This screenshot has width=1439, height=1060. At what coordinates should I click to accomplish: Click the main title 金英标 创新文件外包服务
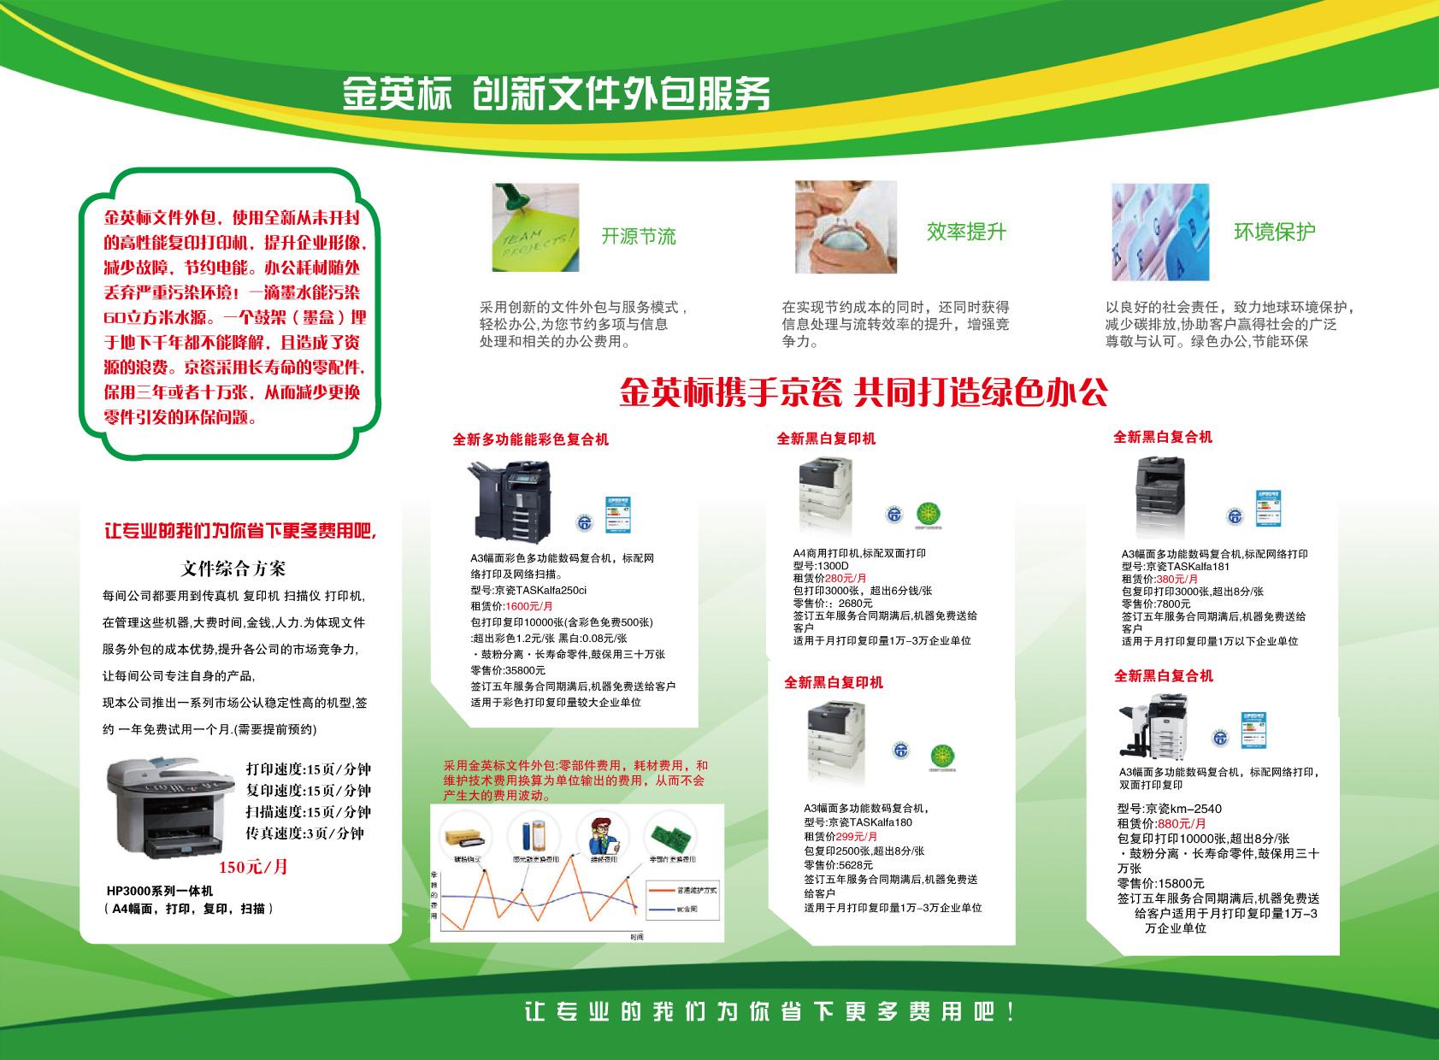pyautogui.click(x=556, y=94)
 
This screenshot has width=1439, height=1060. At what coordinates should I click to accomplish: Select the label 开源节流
pyautogui.click(x=638, y=236)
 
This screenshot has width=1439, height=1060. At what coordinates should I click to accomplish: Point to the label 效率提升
pyautogui.click(x=966, y=232)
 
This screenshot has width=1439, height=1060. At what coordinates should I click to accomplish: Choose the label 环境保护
pyautogui.click(x=1274, y=232)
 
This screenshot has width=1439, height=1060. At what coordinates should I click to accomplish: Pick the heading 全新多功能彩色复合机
pyautogui.click(x=530, y=440)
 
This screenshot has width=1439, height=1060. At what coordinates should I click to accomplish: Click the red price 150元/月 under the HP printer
pyautogui.click(x=253, y=867)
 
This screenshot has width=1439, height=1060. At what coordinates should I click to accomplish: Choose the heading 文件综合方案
pyautogui.click(x=233, y=568)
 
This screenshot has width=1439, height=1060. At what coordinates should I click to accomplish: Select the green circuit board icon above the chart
pyautogui.click(x=670, y=833)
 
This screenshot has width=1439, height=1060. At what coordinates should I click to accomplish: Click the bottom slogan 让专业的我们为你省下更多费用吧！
pyautogui.click(x=770, y=1013)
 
